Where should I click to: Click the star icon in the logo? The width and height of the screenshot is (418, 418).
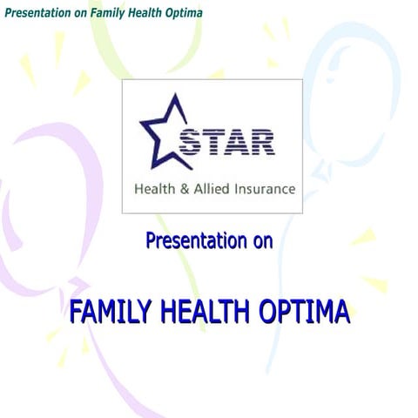tap(163, 134)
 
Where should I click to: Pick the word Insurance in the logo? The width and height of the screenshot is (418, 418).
tap(264, 189)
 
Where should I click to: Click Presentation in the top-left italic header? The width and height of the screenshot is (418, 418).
tap(37, 13)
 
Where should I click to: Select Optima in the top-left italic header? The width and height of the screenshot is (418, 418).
tap(184, 13)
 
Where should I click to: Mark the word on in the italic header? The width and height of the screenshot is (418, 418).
tap(80, 13)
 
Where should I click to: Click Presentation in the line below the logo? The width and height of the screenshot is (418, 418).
tap(195, 240)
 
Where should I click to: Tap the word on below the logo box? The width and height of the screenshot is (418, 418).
tap(262, 241)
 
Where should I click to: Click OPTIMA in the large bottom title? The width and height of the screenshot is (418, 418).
tap(306, 312)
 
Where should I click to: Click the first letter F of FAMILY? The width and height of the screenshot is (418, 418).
tap(76, 312)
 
